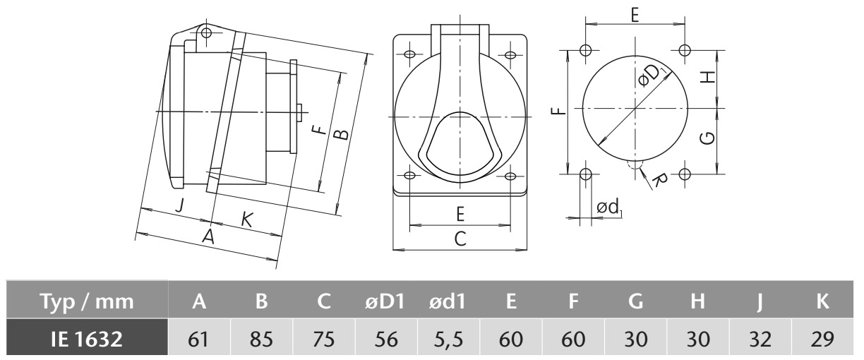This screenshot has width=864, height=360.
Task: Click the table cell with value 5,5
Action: (448, 339)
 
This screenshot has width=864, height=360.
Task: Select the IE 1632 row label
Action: (87, 339)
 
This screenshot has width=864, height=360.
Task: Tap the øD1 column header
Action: (385, 301)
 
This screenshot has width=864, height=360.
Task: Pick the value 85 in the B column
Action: (261, 339)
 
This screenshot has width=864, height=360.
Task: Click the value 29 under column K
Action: (822, 339)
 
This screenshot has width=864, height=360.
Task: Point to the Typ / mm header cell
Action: (87, 301)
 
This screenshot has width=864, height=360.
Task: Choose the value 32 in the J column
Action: (760, 339)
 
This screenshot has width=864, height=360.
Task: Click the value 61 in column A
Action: (198, 339)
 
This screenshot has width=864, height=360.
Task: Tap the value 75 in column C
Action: (323, 339)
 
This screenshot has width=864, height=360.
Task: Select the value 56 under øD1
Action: (386, 339)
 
